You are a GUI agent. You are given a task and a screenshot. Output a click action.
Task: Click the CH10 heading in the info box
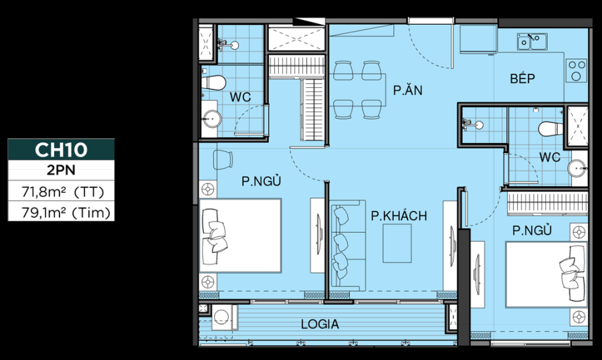[x=61, y=149]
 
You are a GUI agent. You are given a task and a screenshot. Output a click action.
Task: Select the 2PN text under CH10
[x=61, y=170]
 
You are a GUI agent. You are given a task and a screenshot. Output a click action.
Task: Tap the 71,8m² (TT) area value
[x=61, y=192]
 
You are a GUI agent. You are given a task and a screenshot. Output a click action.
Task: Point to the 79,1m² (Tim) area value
[x=61, y=213]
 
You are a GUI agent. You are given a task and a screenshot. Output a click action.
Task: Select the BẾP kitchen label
[x=522, y=79]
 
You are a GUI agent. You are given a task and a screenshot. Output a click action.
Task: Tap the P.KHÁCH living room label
[x=399, y=215]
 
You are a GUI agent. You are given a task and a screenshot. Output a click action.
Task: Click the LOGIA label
[x=320, y=325]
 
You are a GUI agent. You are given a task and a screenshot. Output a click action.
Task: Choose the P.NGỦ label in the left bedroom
[x=262, y=181]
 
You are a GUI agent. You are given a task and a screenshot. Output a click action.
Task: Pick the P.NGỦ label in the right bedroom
[x=532, y=231]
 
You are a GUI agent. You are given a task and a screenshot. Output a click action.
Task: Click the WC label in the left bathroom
[x=240, y=97]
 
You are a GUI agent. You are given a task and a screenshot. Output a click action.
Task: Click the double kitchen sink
[x=532, y=42]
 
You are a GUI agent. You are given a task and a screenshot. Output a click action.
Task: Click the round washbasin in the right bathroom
[x=577, y=167]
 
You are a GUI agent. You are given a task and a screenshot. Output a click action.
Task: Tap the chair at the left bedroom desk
[x=223, y=161]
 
